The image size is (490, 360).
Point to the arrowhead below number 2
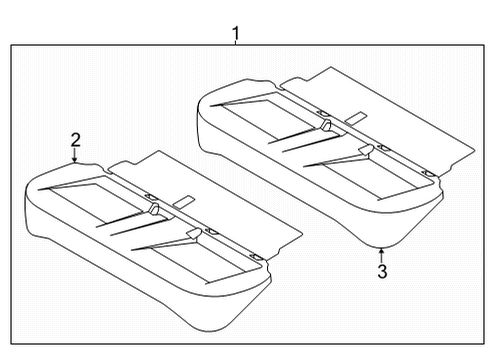point(75,161)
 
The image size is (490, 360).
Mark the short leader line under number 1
point(236,45)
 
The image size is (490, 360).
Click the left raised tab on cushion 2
point(154,207)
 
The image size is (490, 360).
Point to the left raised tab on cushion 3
point(326,124)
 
